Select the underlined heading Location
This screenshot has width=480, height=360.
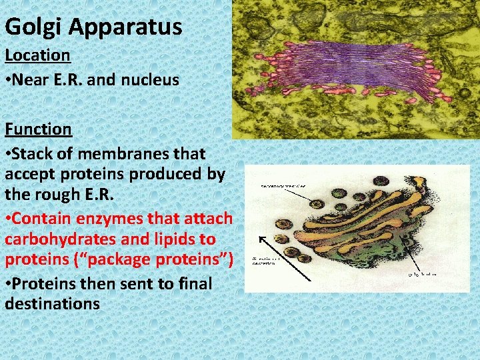[37, 55]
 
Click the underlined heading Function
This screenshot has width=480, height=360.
[38, 128]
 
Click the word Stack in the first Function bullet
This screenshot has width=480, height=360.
[34, 153]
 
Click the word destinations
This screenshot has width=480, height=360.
[52, 304]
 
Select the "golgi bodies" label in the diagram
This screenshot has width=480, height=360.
[423, 274]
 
